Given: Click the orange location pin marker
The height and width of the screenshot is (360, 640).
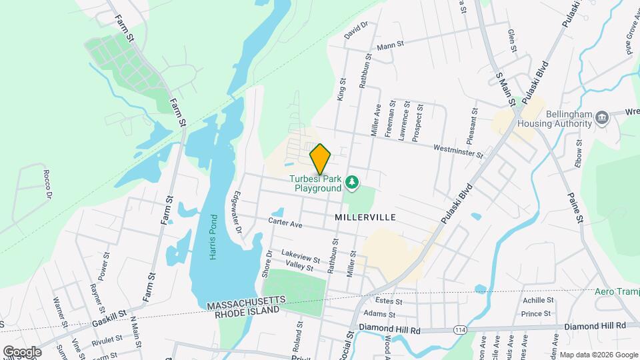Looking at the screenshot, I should pos(321,159).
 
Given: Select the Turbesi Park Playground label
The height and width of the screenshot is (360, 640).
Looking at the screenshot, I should pos(318,184).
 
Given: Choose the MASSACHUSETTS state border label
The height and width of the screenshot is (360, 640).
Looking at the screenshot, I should pos(246,304).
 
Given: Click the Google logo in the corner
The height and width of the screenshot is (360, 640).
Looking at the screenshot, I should pos(22,351).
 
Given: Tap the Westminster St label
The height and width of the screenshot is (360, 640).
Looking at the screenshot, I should pos(457,151).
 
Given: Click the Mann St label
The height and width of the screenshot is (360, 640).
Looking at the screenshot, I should pos(391,45).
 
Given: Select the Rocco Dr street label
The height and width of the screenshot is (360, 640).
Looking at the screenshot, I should pos(47,185).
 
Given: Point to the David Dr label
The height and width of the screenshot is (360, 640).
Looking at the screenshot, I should pos(357,29).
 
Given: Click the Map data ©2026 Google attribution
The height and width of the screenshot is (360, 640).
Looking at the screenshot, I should pos(598,355).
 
